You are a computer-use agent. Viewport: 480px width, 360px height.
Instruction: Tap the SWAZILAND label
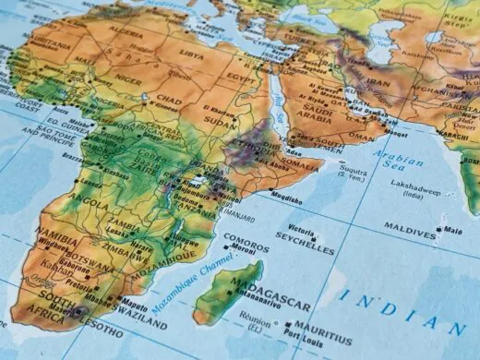(143, 325)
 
